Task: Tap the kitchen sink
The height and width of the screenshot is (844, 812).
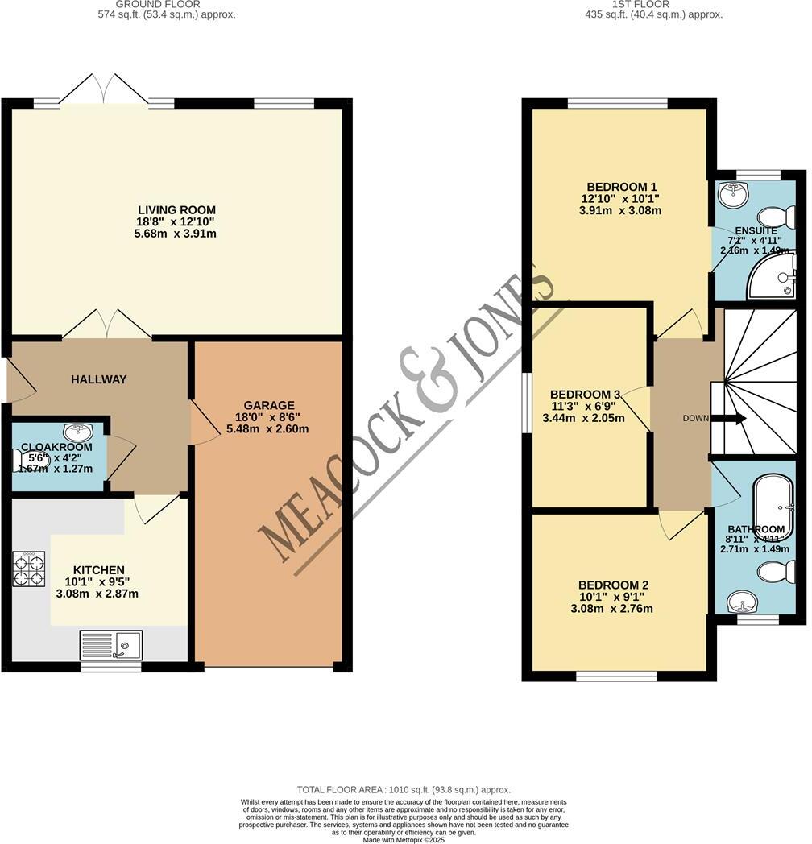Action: (110, 644)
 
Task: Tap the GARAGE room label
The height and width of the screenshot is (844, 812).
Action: (270, 405)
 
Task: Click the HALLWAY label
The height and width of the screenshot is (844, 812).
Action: (97, 379)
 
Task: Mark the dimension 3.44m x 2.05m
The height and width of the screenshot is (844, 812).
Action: (582, 419)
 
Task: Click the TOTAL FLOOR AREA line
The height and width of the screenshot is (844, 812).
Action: (404, 790)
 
